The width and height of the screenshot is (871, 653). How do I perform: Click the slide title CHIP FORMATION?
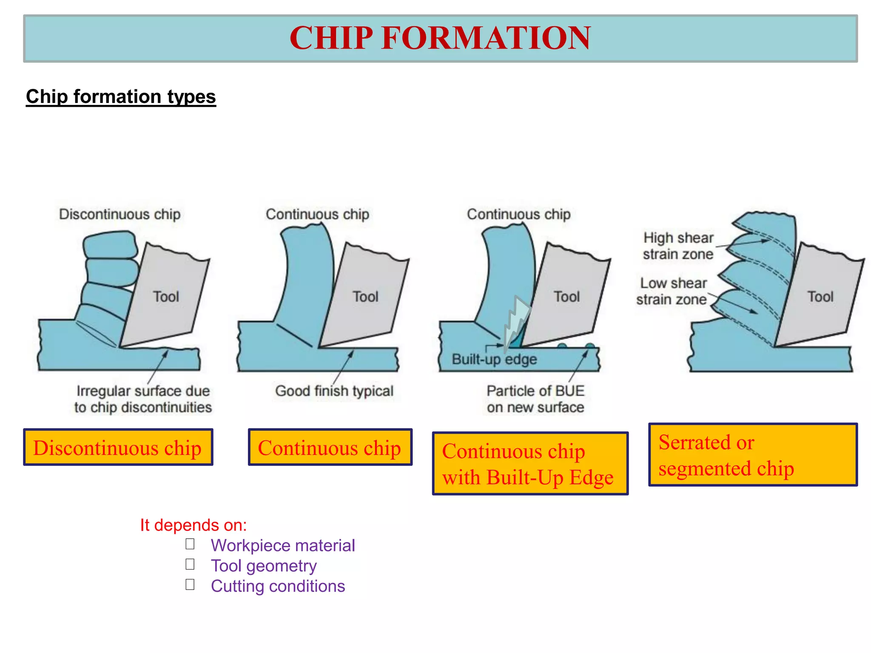tap(440, 38)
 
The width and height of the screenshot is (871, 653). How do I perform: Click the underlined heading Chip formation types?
tap(121, 97)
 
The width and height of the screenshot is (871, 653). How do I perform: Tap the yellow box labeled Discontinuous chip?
tap(118, 447)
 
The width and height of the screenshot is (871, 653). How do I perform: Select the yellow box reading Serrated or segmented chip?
tap(752, 455)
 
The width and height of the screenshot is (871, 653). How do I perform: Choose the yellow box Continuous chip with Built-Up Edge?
tap(530, 464)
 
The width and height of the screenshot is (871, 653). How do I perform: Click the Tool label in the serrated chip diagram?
tap(820, 297)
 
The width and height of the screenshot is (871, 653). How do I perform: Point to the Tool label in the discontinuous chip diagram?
tap(166, 297)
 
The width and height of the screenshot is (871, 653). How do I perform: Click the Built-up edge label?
tap(494, 360)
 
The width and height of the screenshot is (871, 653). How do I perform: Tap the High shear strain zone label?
tap(678, 246)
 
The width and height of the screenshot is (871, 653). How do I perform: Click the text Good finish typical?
tap(334, 391)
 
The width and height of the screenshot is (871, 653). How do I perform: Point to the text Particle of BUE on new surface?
tap(535, 399)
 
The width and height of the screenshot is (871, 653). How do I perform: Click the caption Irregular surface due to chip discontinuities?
tap(143, 399)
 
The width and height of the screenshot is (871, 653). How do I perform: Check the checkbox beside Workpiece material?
tap(190, 544)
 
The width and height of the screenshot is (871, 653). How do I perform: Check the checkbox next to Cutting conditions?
tap(190, 585)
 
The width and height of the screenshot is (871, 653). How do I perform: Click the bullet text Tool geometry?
tap(264, 566)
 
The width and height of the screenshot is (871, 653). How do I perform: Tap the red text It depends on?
tap(194, 525)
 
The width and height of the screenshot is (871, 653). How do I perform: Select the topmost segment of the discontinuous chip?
tap(110, 244)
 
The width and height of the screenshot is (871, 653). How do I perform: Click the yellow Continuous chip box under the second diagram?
tap(330, 447)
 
